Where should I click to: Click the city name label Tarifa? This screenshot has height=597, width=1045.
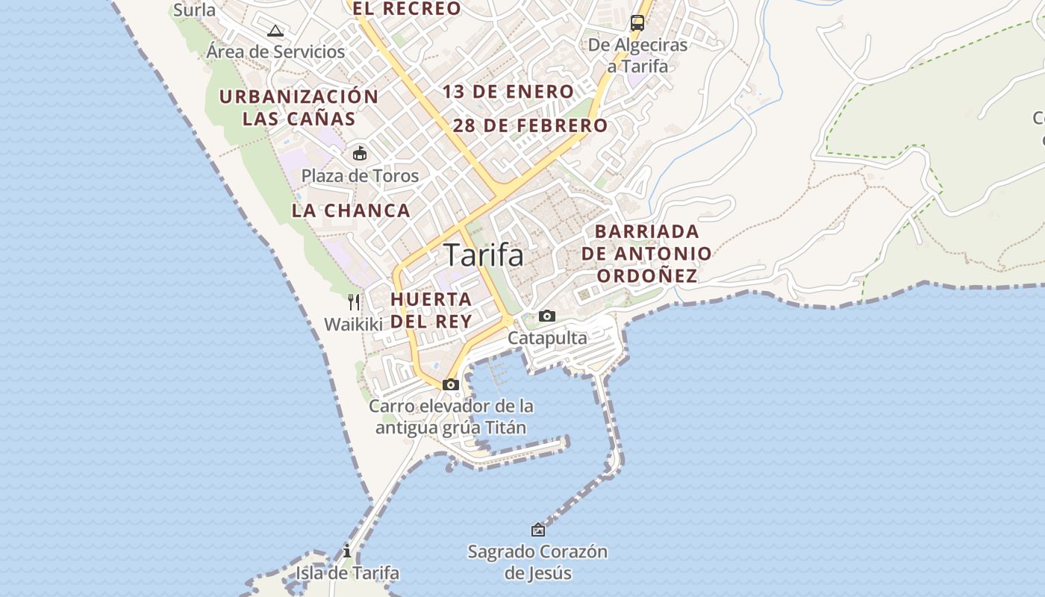coord(484,255)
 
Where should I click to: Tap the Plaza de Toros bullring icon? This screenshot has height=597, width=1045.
coord(360,153)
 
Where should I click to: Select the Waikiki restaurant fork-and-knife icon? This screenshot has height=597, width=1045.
coord(354,302)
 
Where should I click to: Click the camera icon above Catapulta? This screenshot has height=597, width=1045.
coord(547,316)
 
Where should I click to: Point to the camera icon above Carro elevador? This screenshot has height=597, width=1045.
coord(451,384)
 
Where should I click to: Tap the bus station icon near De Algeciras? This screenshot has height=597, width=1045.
coord(637,23)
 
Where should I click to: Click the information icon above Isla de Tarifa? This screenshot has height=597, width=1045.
coord(346,551)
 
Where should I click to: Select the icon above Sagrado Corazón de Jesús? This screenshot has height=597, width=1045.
coord(537,530)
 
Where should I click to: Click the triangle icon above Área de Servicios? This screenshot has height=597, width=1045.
coord(275,31)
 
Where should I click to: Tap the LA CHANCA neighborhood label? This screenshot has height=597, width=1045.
coord(351,210)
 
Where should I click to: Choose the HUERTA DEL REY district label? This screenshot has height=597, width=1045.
coord(431,310)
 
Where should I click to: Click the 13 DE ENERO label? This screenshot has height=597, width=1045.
coord(508,92)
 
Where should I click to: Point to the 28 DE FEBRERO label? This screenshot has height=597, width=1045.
coord(530,125)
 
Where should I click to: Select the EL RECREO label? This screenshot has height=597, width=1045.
coord(407,9)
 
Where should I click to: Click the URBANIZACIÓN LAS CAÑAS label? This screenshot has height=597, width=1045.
coord(299,107)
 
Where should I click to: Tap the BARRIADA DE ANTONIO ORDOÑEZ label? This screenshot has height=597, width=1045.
coord(646,254)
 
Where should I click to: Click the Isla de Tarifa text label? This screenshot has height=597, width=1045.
coord(347,573)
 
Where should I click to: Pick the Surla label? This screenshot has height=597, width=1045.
coord(194,10)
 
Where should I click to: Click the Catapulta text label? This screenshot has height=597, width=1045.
coord(547,338)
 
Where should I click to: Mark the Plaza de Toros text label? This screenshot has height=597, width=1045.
coord(360,176)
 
